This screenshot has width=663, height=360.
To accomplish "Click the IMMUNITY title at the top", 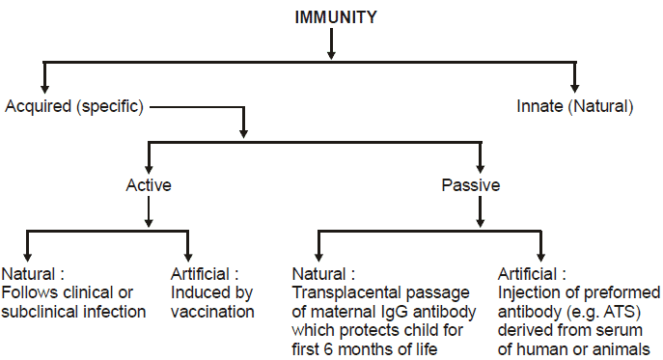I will click(331, 16).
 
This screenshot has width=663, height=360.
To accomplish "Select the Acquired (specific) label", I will click(74, 106).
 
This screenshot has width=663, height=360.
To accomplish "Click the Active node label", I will click(148, 184).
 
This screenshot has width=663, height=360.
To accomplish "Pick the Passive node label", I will click(471, 184).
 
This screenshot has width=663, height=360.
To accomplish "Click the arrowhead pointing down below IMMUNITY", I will click(331, 51).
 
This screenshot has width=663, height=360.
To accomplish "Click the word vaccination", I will click(212, 311).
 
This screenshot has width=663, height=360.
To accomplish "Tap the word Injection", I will click(525, 293).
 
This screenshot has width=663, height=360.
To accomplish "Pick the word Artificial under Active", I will click(200, 274).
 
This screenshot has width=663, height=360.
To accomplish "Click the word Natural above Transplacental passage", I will click(318, 274).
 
